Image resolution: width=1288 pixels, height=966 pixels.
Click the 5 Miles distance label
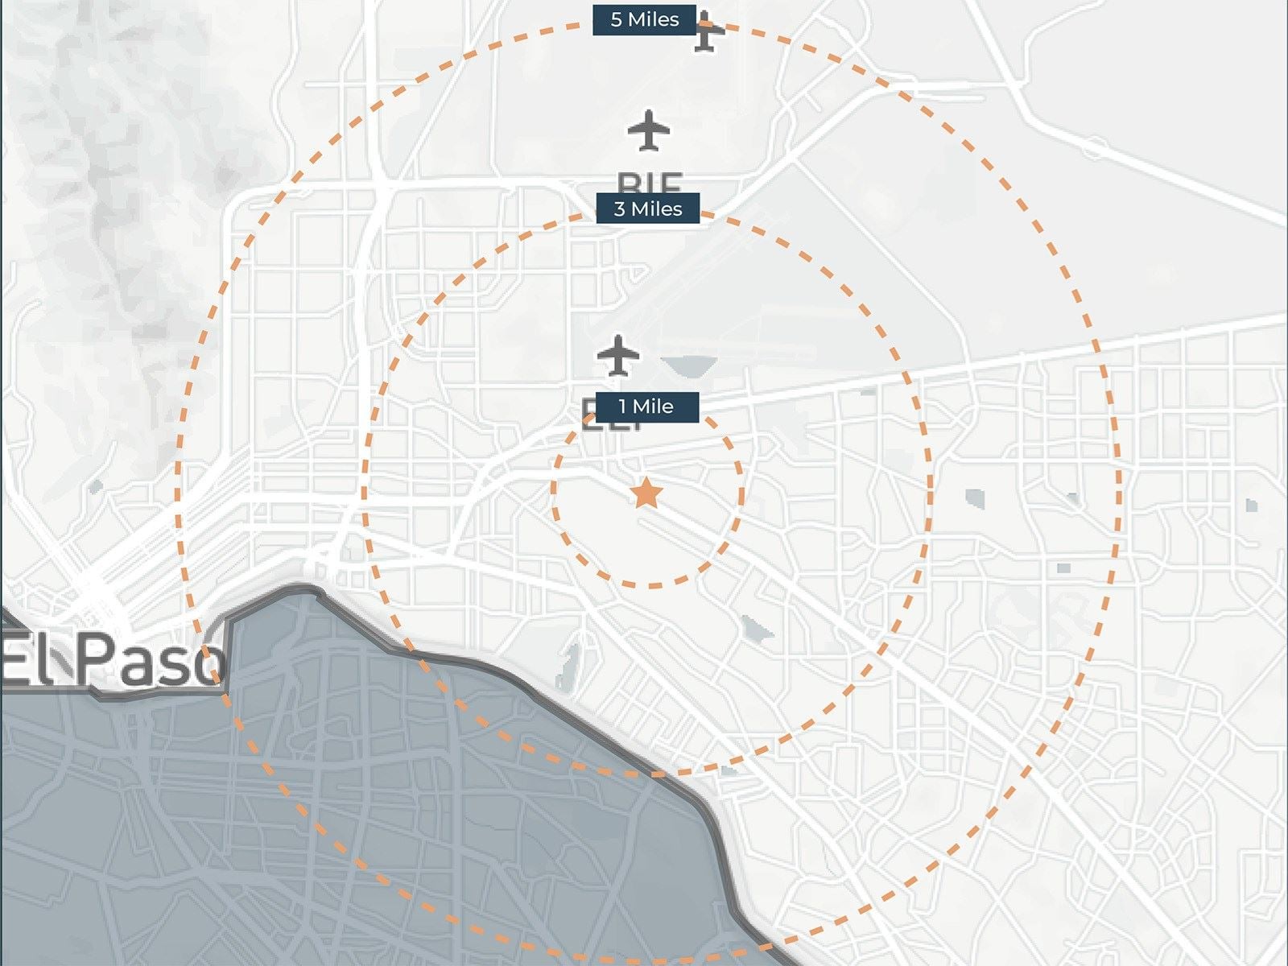coord(644,19)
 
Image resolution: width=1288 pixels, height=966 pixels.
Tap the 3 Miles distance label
coord(647,208)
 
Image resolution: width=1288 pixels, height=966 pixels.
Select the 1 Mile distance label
coord(646,407)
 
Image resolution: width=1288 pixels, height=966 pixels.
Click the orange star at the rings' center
coord(646,493)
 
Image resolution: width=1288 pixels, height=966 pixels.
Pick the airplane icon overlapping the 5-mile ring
coord(707,32)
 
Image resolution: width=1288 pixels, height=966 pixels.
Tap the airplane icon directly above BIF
coord(649,130)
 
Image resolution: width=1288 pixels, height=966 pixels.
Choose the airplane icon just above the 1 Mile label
coord(618,355)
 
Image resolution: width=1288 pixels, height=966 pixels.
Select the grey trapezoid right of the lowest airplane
coord(689,365)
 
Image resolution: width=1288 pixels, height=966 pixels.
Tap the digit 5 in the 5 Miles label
coord(616,19)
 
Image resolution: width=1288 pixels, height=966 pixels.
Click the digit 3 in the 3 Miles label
coord(619,209)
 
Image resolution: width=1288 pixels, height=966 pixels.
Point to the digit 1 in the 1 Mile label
coord(622,407)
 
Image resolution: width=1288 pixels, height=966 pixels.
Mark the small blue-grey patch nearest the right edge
coord(1251,506)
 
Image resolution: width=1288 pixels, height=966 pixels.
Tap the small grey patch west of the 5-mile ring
coord(97,486)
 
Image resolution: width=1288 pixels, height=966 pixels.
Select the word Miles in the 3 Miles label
coord(657,209)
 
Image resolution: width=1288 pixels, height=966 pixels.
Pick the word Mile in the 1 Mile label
coord(654,407)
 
